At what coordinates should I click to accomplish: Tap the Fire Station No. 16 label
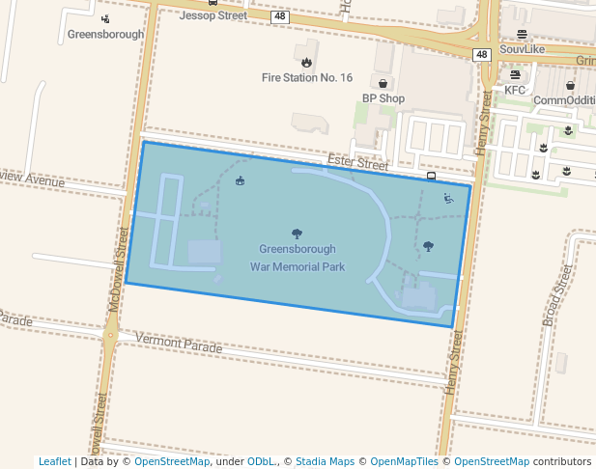point(307,77)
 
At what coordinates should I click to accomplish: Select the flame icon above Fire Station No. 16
point(307,62)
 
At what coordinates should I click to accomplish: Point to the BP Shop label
point(383,98)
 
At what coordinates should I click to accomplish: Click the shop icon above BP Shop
point(383,83)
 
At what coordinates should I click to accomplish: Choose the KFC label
point(515,90)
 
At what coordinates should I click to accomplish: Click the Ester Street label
point(357,164)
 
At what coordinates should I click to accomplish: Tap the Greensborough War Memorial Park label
point(296,258)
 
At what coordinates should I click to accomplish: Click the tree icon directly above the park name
point(296,233)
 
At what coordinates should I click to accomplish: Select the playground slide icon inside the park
point(448,199)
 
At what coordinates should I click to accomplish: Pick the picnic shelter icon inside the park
point(241,181)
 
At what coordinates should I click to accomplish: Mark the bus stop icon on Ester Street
point(431,177)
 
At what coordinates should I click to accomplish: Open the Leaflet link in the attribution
point(54,461)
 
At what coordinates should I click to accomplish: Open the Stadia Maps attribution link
point(325,461)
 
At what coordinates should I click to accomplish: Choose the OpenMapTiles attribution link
point(405,461)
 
